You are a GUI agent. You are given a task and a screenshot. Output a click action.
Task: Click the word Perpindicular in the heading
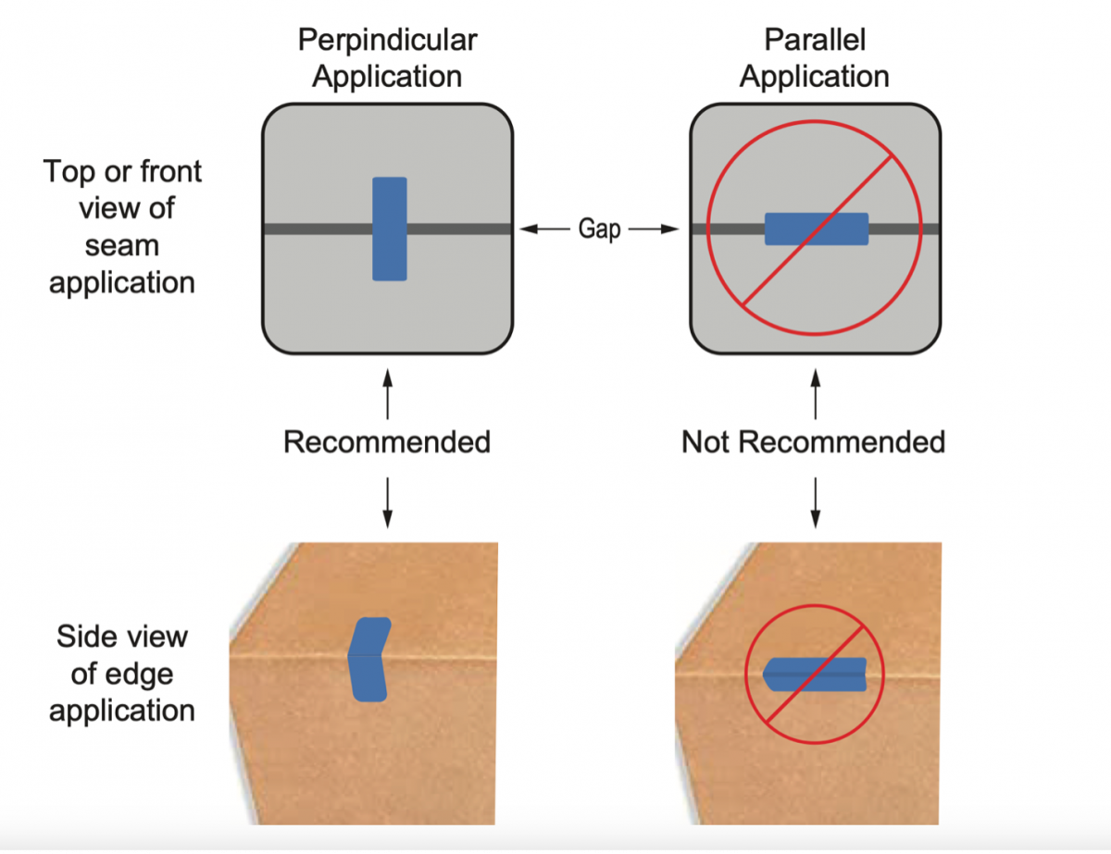(x=387, y=41)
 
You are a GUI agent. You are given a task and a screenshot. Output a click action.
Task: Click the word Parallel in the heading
(x=815, y=41)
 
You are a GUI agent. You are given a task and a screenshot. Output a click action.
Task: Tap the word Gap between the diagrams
(x=599, y=229)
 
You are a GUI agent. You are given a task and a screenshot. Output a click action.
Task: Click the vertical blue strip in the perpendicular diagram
(x=389, y=229)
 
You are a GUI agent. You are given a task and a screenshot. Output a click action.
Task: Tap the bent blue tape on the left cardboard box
(x=368, y=660)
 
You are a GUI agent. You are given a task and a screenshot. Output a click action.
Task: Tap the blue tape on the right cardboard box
(x=815, y=673)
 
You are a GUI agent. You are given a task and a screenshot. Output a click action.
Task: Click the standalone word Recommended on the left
(x=387, y=442)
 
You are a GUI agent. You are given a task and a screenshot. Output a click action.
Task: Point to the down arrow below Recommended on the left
(x=387, y=504)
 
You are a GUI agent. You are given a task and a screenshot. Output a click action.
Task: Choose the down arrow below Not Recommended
(x=815, y=504)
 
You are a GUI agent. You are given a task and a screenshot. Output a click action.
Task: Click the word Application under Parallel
(x=815, y=77)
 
